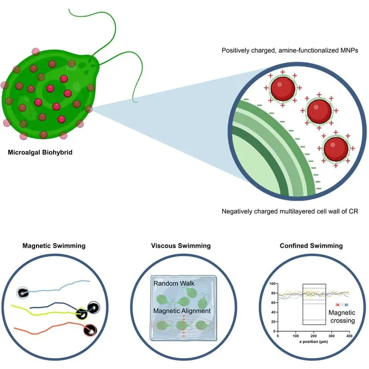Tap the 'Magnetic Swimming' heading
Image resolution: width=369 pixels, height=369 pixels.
54,246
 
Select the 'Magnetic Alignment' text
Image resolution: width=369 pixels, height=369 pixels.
182,311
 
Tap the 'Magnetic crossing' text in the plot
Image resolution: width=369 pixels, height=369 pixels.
341,316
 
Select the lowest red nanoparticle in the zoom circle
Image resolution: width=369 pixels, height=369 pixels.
335,148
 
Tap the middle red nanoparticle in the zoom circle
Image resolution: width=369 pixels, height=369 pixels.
319,111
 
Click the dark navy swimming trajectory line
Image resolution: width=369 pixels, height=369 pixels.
55,305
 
